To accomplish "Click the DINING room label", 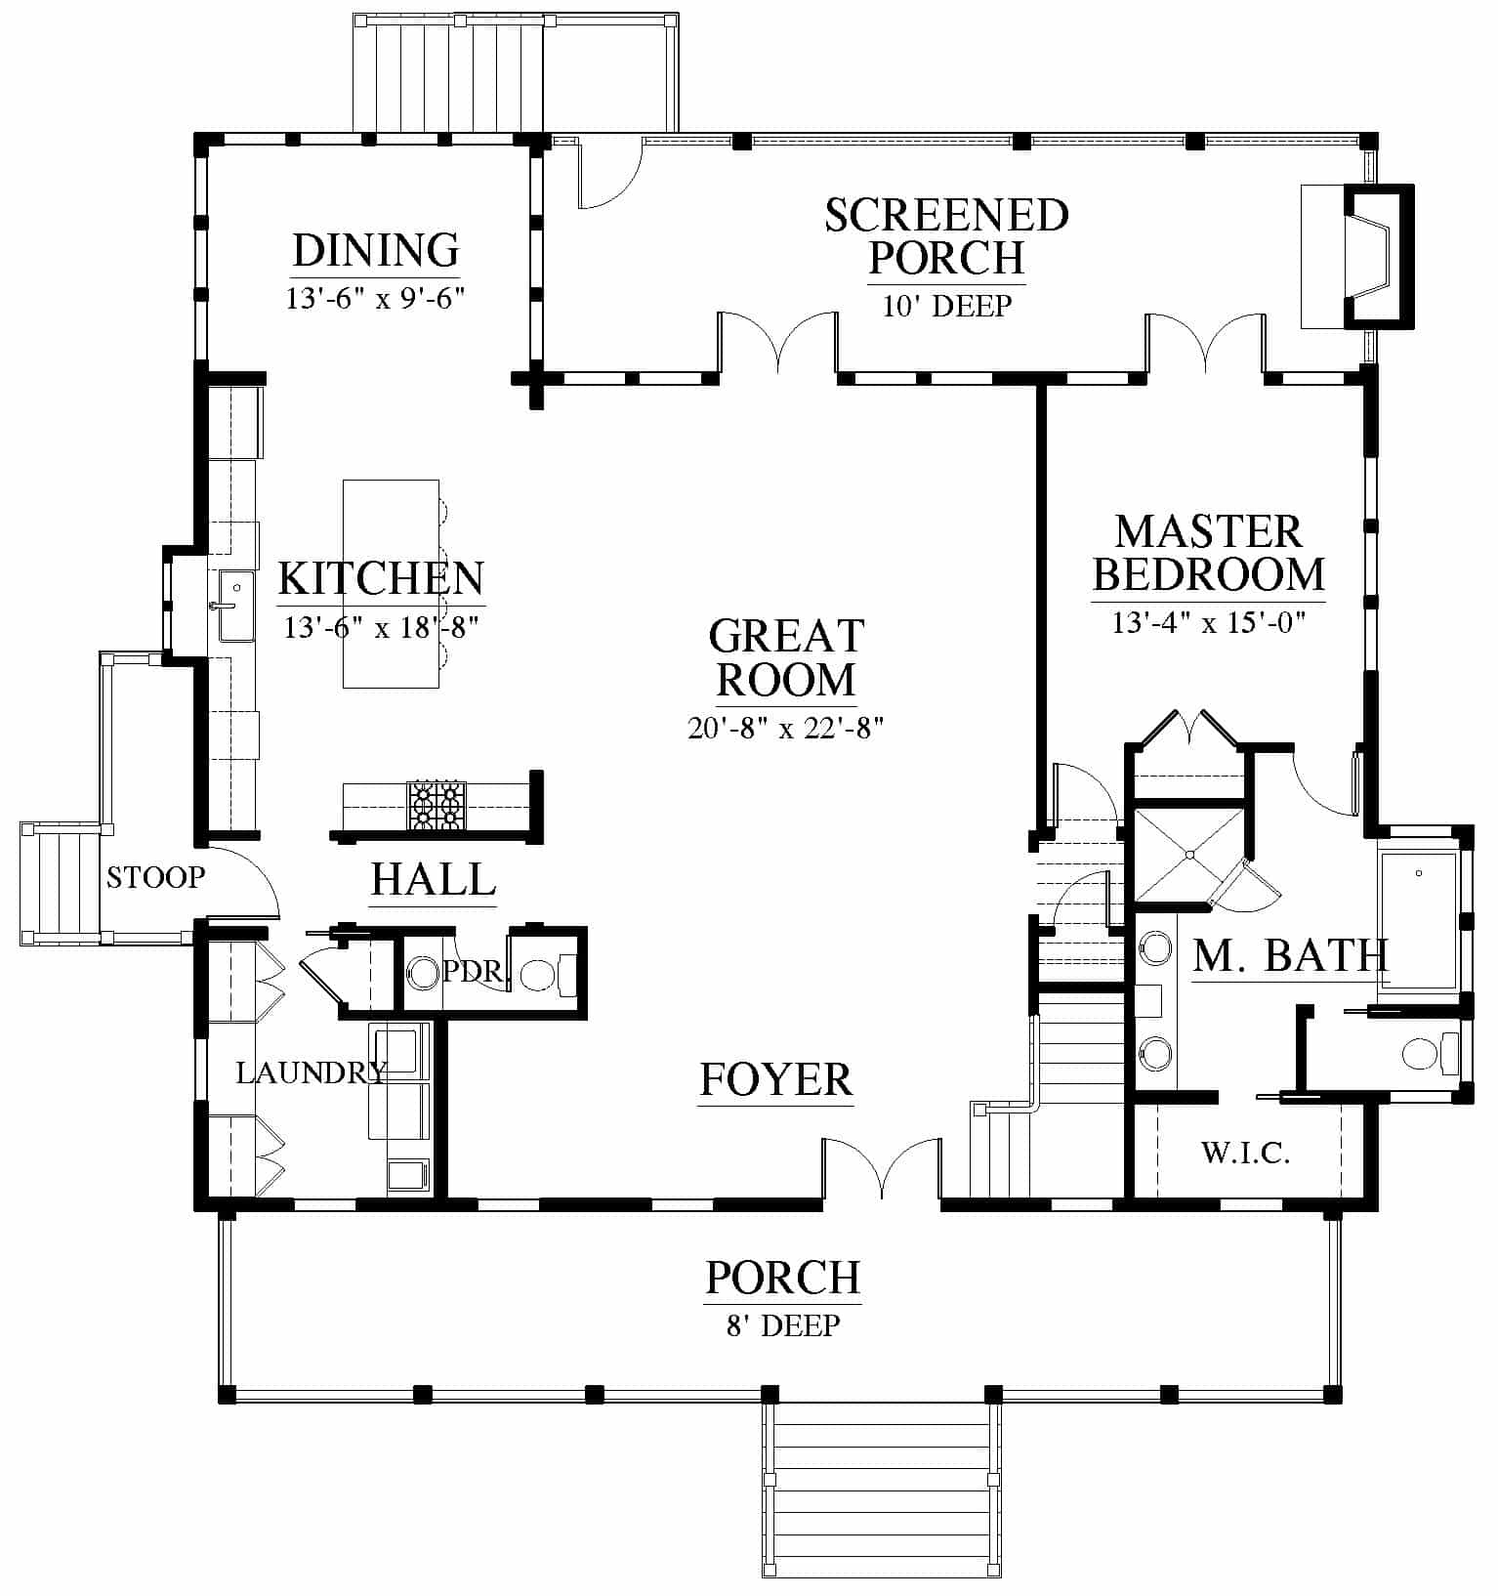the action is click(x=376, y=250).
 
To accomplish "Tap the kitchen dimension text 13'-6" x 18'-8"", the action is click(x=381, y=627).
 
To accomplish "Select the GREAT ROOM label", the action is click(x=786, y=657).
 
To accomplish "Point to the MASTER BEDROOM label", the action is click(x=1209, y=553).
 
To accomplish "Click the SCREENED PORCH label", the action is click(x=946, y=236).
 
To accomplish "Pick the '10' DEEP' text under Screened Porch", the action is click(x=946, y=307).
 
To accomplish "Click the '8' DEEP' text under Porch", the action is click(x=784, y=1325).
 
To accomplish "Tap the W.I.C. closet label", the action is click(x=1245, y=1154).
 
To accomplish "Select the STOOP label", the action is click(x=156, y=877).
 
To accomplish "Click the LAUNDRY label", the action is click(x=312, y=1072).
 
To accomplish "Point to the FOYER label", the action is click(x=776, y=1079).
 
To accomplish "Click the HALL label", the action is click(x=434, y=879).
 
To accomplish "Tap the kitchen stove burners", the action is click(x=437, y=805).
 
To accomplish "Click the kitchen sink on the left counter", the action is click(x=235, y=607).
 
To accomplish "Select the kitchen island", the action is click(x=391, y=583).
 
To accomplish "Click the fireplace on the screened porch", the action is click(x=1357, y=255).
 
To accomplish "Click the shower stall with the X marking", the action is click(x=1189, y=855).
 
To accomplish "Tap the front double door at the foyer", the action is click(x=882, y=1168).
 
